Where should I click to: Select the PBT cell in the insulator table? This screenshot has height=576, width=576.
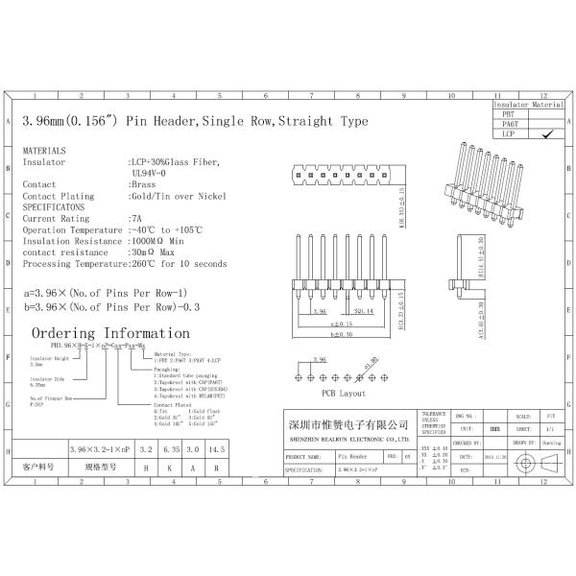point(509,114)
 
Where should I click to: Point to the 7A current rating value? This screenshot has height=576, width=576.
point(135,218)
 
